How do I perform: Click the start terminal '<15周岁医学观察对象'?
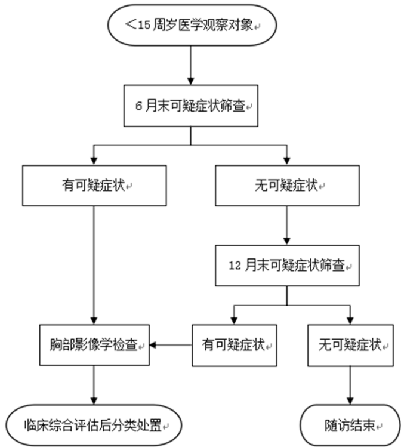pyautogui.click(x=191, y=25)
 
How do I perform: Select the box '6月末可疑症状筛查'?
pyautogui.click(x=191, y=105)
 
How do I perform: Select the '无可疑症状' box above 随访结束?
pyautogui.click(x=350, y=345)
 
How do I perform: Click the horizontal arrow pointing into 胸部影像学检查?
pyautogui.click(x=171, y=345)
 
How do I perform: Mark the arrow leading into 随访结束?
pyautogui.click(x=350, y=384)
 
